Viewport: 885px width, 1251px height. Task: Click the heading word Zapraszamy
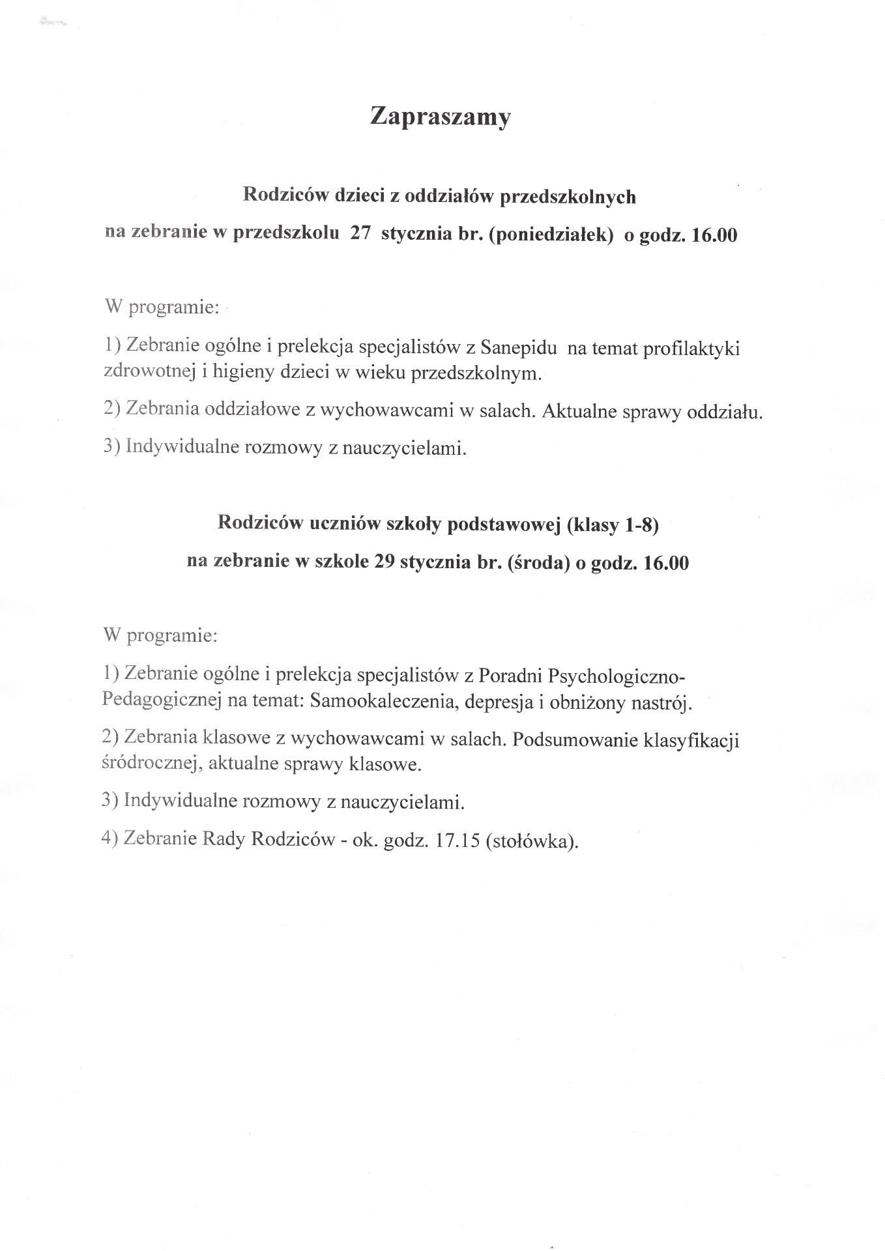coord(440,117)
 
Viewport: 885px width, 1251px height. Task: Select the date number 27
coord(360,235)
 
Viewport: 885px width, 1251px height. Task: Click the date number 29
coord(383,562)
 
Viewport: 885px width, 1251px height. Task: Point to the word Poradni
coord(510,674)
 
